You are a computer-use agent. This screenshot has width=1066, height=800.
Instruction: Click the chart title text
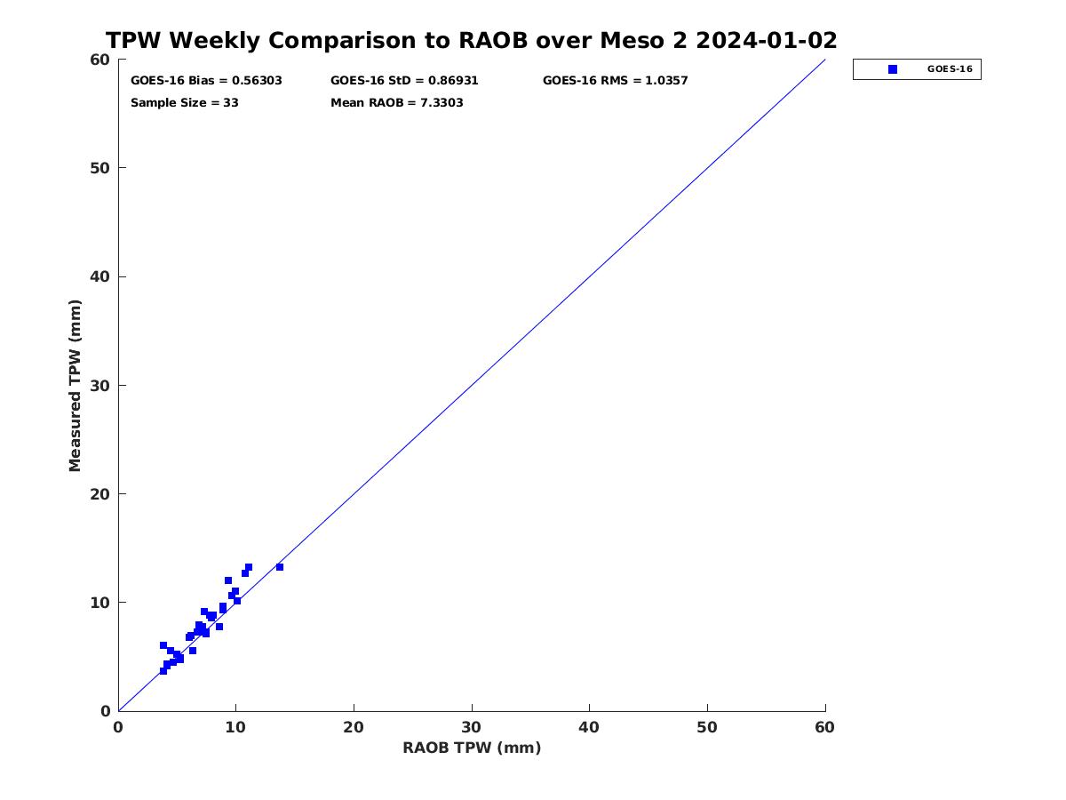pos(471,40)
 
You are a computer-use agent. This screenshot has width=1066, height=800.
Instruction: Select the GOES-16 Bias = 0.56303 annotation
pos(206,81)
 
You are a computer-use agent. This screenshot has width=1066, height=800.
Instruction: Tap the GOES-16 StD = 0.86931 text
pos(404,81)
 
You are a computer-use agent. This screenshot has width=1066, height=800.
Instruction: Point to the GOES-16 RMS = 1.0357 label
pos(616,81)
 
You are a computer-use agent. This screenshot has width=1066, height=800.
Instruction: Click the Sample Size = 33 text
pos(185,103)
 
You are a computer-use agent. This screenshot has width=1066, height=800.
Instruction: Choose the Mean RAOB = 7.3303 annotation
pos(397,103)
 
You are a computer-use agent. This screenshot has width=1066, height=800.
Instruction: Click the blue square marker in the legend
pos(893,69)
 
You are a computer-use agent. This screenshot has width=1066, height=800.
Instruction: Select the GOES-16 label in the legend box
pos(950,69)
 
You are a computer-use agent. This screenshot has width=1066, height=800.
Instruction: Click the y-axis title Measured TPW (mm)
pos(75,386)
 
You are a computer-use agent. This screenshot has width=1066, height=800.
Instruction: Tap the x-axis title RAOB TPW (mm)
pos(472,748)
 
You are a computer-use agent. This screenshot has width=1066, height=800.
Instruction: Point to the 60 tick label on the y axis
pos(99,60)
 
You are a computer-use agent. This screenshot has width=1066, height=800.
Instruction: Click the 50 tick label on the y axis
pos(99,168)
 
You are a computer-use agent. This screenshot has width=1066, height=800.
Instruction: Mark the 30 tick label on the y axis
pos(99,386)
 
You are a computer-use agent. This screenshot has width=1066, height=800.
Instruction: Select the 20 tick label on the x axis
pos(354,728)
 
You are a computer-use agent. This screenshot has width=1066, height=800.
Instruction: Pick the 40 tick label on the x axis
pos(589,728)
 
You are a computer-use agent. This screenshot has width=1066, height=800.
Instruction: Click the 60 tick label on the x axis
pos(824,728)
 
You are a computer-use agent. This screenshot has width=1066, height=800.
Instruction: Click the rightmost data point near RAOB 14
pos(280,567)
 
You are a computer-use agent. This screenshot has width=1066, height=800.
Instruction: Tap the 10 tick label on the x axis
pos(235,728)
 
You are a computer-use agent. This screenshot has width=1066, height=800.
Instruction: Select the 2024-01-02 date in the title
pos(767,40)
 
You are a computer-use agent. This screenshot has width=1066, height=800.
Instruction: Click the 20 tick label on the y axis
pos(99,494)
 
